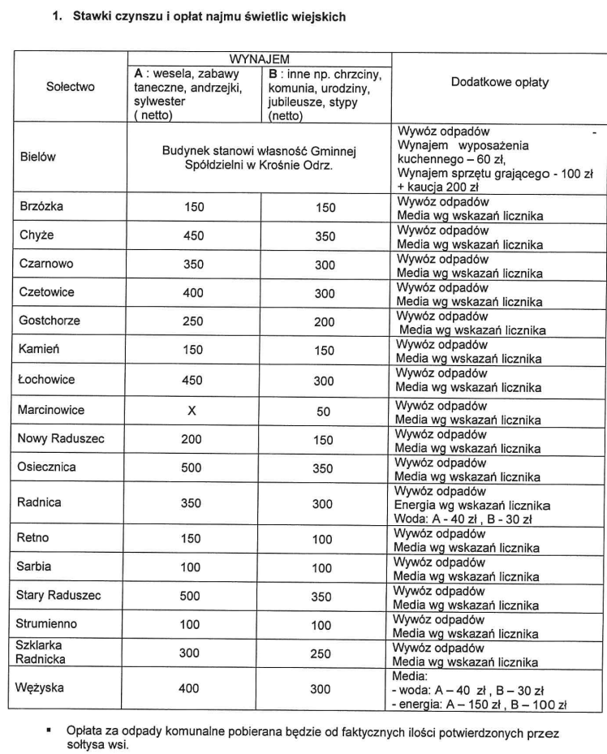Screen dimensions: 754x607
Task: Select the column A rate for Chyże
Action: (x=194, y=236)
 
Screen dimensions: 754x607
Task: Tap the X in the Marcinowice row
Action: (x=192, y=411)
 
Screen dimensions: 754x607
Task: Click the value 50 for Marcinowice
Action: (x=324, y=411)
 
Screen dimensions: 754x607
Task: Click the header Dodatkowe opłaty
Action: (x=499, y=83)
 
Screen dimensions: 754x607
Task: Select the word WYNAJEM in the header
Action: (x=260, y=60)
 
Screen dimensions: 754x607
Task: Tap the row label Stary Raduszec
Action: (x=59, y=595)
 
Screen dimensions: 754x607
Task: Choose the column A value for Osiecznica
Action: (x=194, y=468)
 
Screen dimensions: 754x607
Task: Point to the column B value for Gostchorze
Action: (x=324, y=321)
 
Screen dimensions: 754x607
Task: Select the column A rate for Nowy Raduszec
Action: (x=194, y=440)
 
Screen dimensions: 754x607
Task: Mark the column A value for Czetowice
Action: (x=194, y=293)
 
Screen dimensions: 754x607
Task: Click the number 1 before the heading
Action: (x=56, y=15)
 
